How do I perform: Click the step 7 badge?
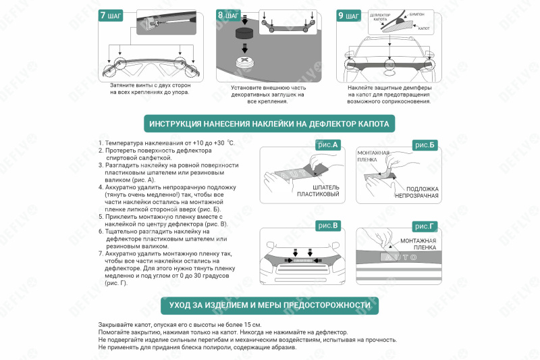point(110,16)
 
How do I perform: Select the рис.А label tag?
point(327,145)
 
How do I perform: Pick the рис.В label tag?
point(327,225)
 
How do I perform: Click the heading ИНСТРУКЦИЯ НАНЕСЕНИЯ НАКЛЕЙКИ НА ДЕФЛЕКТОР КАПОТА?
point(269,124)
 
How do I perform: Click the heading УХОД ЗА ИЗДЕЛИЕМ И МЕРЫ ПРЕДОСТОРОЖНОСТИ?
point(269,305)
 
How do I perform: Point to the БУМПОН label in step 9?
point(416,14)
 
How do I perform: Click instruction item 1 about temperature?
point(165,143)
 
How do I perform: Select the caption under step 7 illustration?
point(150,89)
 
